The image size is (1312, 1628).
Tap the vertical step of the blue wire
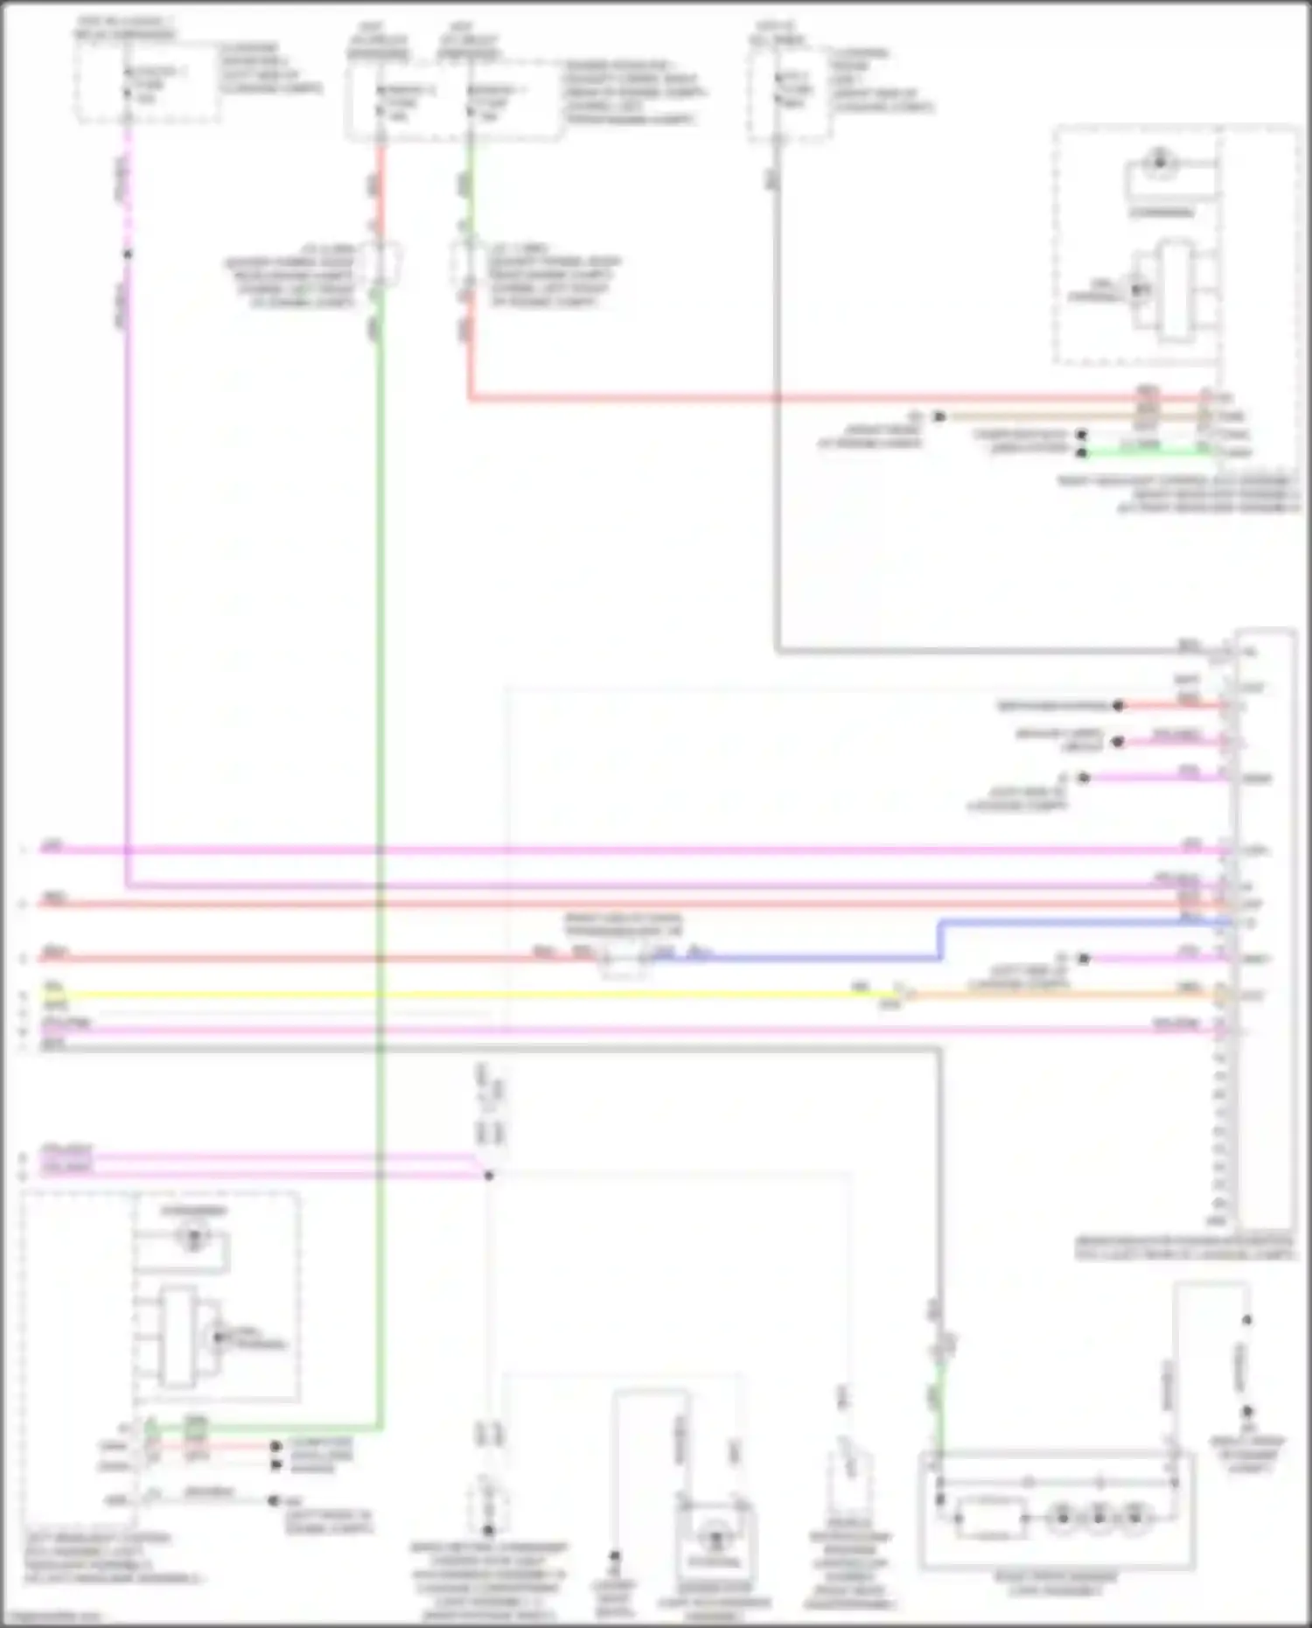point(940,940)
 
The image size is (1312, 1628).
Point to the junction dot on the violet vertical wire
point(128,255)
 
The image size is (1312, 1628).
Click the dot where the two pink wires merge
point(489,1175)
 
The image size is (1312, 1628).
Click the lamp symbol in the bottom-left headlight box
point(193,1236)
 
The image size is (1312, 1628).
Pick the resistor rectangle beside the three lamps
point(992,1518)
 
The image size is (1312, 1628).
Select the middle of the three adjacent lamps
point(1099,1518)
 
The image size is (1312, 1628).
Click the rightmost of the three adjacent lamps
point(1134,1518)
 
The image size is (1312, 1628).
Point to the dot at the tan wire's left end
point(939,416)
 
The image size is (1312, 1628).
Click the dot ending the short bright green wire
point(1082,452)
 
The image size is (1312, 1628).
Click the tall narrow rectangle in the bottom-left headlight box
point(178,1337)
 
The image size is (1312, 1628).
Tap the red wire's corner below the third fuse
point(470,399)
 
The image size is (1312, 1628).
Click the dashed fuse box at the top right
point(790,95)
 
